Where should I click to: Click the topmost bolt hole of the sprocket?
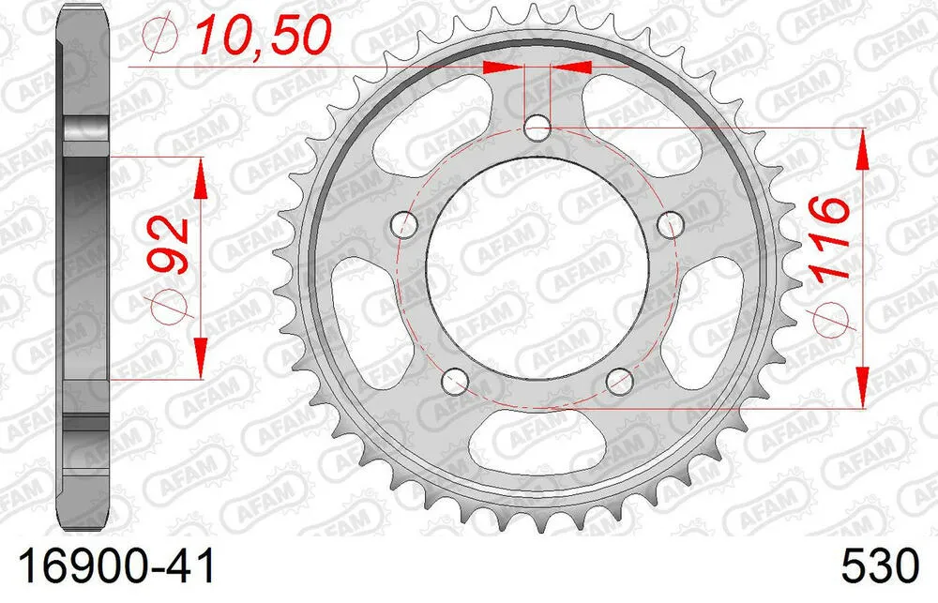(538, 127)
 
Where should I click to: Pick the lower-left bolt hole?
(456, 380)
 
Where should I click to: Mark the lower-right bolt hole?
(620, 380)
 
